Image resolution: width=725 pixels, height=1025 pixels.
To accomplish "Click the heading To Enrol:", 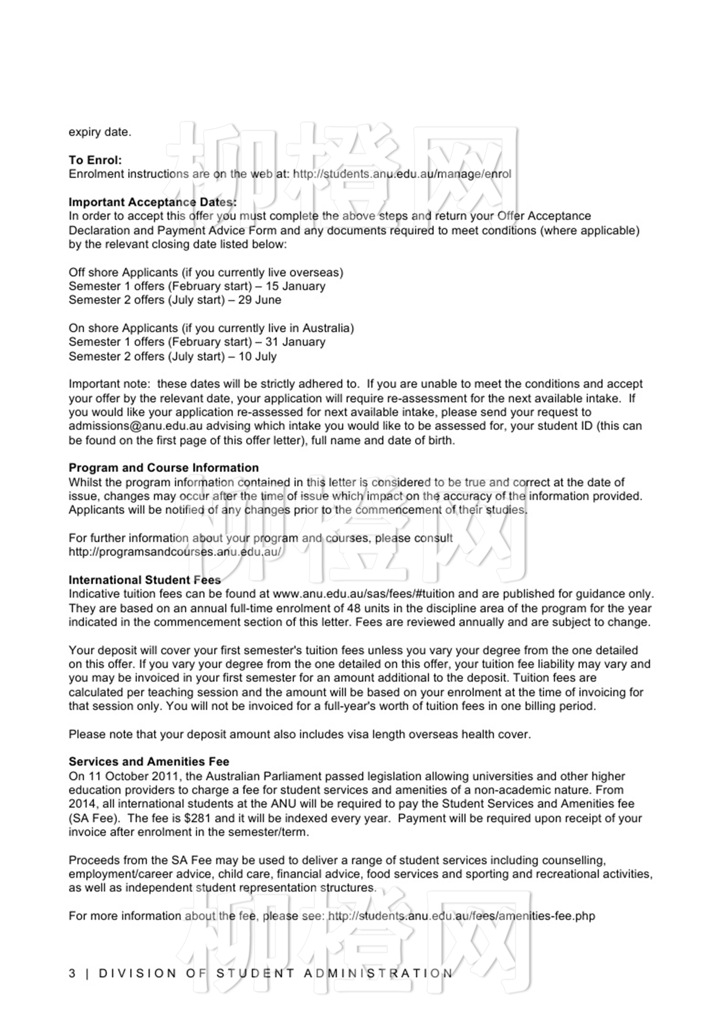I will [95, 160].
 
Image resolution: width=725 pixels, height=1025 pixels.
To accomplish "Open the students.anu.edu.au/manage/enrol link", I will [402, 174].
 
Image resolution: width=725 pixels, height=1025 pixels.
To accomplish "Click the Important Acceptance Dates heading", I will [153, 202].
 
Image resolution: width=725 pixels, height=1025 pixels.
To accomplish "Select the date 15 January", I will [295, 286].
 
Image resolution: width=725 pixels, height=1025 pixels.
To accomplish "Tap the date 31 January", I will [295, 342].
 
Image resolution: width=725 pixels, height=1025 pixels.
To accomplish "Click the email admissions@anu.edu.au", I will [135, 426].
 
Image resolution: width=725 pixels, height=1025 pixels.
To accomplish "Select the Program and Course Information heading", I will [164, 467].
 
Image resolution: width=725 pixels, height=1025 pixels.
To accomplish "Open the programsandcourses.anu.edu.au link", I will [175, 552].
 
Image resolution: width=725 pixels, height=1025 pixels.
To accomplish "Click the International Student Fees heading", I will [144, 580].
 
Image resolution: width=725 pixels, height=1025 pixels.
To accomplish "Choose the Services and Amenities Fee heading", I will [149, 762].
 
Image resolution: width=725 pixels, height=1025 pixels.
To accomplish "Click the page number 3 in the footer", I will [72, 973].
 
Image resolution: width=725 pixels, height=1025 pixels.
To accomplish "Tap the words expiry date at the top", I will [100, 132].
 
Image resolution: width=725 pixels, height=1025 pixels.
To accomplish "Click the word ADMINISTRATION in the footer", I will [378, 973].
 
